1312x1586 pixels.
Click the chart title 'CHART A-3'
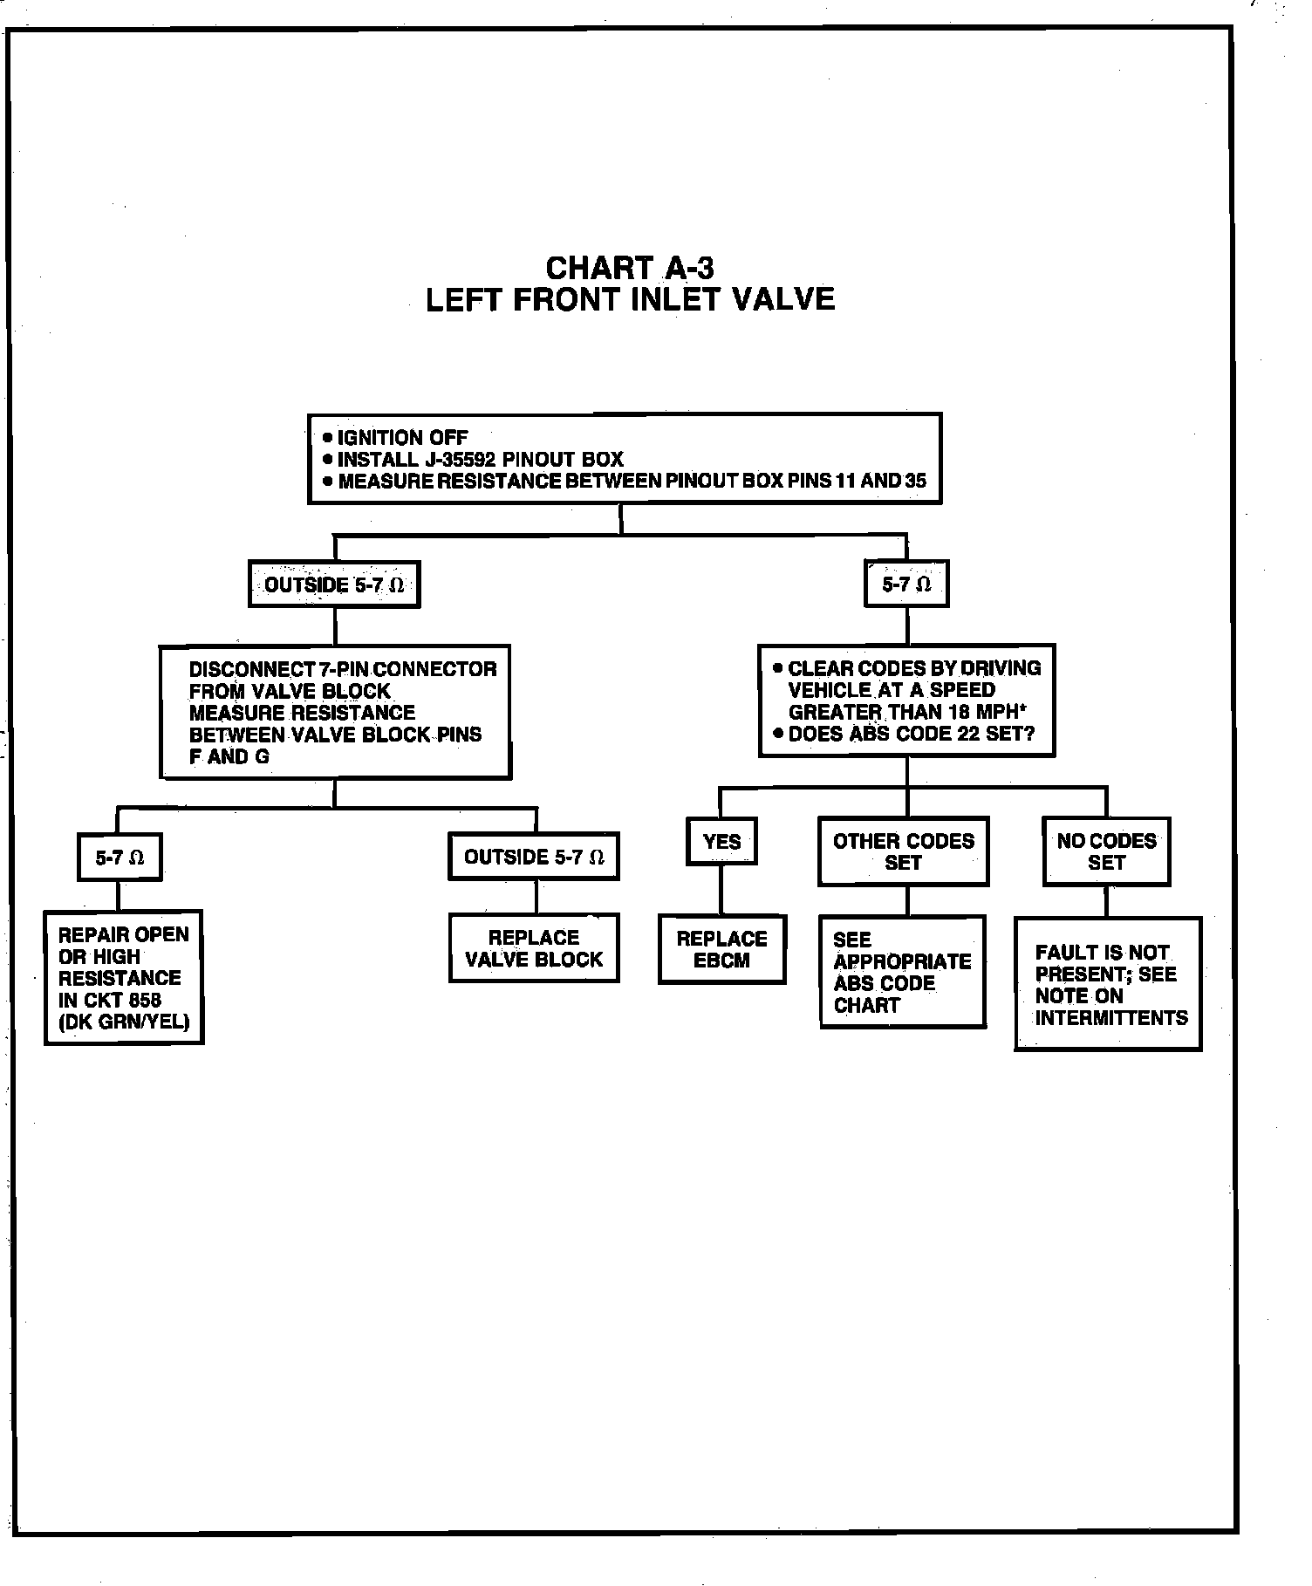629,267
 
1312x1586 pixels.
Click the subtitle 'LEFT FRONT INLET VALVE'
630,300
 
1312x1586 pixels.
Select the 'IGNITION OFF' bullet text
402,438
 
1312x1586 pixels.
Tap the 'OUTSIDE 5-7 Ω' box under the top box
334,584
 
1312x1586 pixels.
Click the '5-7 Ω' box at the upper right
906,584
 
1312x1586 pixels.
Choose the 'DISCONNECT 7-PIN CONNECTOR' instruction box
336,712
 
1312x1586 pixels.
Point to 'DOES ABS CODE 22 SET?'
911,735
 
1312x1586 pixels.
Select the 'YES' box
721,842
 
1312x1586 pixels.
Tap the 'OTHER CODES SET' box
903,851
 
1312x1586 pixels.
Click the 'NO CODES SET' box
1106,851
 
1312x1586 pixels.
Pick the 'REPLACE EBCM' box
721,949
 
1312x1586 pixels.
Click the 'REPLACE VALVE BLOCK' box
534,948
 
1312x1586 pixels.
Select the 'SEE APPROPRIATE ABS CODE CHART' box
903,972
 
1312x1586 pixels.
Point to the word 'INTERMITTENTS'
1111,1018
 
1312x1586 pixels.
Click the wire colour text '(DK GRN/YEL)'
124,1022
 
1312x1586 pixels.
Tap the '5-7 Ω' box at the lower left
120,858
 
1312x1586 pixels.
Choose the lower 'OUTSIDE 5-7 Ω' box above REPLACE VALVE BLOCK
534,858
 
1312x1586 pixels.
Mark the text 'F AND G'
229,757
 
